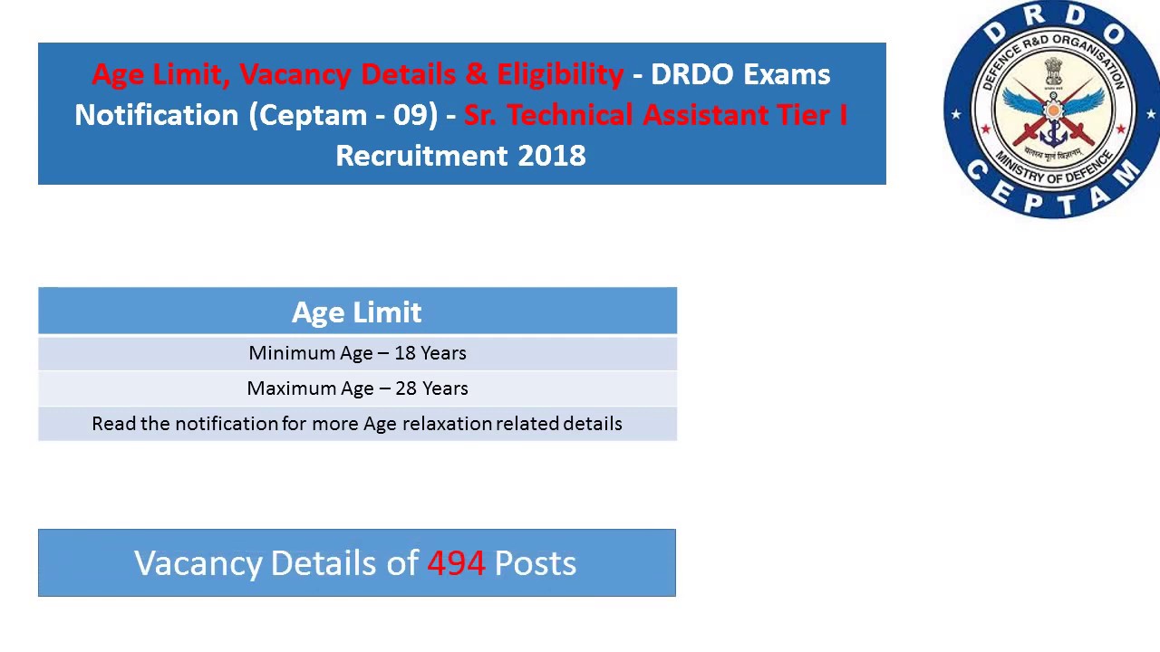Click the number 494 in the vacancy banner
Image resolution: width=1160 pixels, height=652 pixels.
[x=456, y=563]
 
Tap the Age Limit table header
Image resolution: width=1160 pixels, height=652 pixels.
[x=357, y=312]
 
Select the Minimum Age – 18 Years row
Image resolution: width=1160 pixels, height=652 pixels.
[x=357, y=353]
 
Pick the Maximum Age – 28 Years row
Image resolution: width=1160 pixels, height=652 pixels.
[x=357, y=388]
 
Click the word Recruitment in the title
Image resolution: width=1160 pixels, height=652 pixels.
[x=421, y=156]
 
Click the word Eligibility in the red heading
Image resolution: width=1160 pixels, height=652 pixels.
[x=560, y=74]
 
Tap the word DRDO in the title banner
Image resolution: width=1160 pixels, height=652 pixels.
[x=691, y=74]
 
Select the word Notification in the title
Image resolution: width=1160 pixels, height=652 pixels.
[x=157, y=115]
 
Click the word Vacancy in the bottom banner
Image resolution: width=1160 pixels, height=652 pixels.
[x=198, y=563]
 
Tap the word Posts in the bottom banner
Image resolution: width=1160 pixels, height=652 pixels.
[x=535, y=563]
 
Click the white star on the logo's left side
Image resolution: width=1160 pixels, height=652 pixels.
[x=955, y=115]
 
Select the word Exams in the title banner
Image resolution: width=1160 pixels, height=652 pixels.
[x=786, y=74]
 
